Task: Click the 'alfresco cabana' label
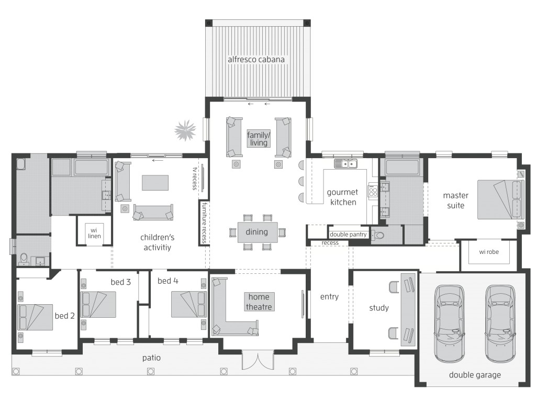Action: pos(256,60)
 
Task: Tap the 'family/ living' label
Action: pos(258,139)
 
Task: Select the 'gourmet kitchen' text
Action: pos(342,197)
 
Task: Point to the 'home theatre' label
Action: pos(258,301)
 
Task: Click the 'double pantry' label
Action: pos(348,235)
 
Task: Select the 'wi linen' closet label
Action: pos(94,232)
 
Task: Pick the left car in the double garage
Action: pos(450,323)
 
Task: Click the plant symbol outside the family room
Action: pos(185,130)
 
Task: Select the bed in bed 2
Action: pos(35,317)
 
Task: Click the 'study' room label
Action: pos(378,308)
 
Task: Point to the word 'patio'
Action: pos(151,358)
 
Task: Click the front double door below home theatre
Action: pos(258,361)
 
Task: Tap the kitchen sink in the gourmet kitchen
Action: pos(346,164)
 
